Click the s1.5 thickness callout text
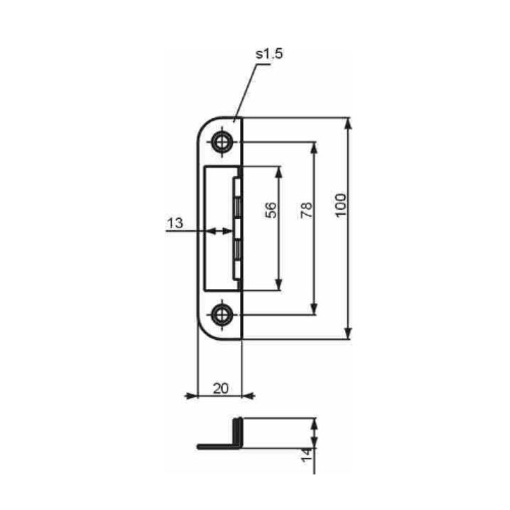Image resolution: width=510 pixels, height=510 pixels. point(269,54)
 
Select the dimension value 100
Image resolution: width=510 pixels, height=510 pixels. point(340,205)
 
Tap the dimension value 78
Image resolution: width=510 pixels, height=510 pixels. point(307,210)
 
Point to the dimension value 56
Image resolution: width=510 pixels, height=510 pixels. point(271,210)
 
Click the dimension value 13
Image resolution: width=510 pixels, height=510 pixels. point(175,223)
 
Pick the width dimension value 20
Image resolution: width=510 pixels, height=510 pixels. point(221,388)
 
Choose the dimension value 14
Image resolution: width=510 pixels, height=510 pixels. point(307,455)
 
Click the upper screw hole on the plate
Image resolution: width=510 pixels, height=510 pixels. point(222,142)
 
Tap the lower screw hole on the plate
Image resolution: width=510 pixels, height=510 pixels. point(222,314)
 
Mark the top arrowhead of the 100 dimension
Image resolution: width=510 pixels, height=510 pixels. point(348,123)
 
